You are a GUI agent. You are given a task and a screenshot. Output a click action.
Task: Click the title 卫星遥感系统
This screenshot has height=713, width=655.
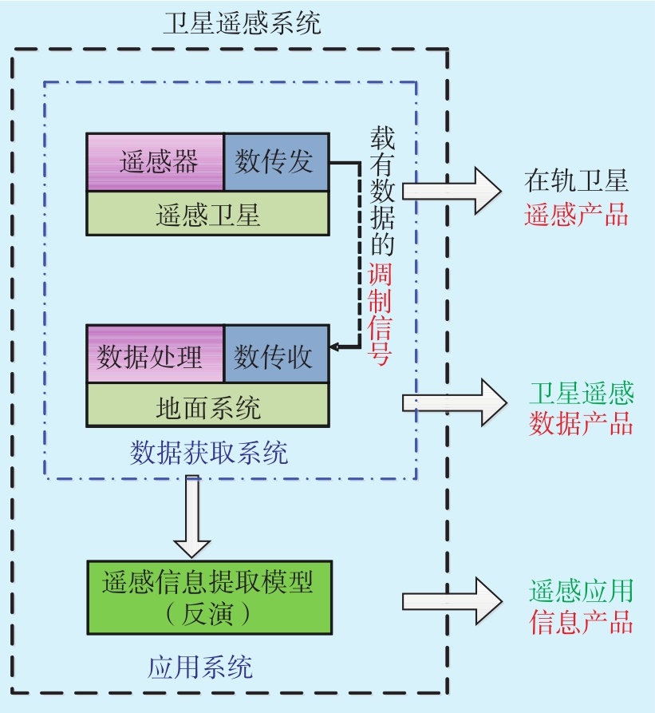pos(242,23)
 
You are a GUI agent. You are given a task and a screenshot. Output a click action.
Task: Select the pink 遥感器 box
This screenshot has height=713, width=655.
pos(156,162)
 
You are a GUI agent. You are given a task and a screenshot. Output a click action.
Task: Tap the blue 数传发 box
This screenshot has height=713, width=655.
pos(275,162)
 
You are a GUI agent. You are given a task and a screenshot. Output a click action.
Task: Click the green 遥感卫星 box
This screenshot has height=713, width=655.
pos(207,214)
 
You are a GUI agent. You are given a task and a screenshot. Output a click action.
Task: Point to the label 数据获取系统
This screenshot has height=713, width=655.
pos(209,453)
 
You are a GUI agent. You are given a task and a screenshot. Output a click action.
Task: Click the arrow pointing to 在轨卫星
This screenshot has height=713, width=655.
pos(451,190)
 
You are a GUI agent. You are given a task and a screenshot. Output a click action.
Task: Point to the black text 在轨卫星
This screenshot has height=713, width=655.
pos(576,181)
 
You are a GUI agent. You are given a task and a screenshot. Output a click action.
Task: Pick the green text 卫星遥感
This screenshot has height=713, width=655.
pos(581,393)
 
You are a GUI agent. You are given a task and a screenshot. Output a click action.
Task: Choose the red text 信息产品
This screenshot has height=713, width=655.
pos(581,622)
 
